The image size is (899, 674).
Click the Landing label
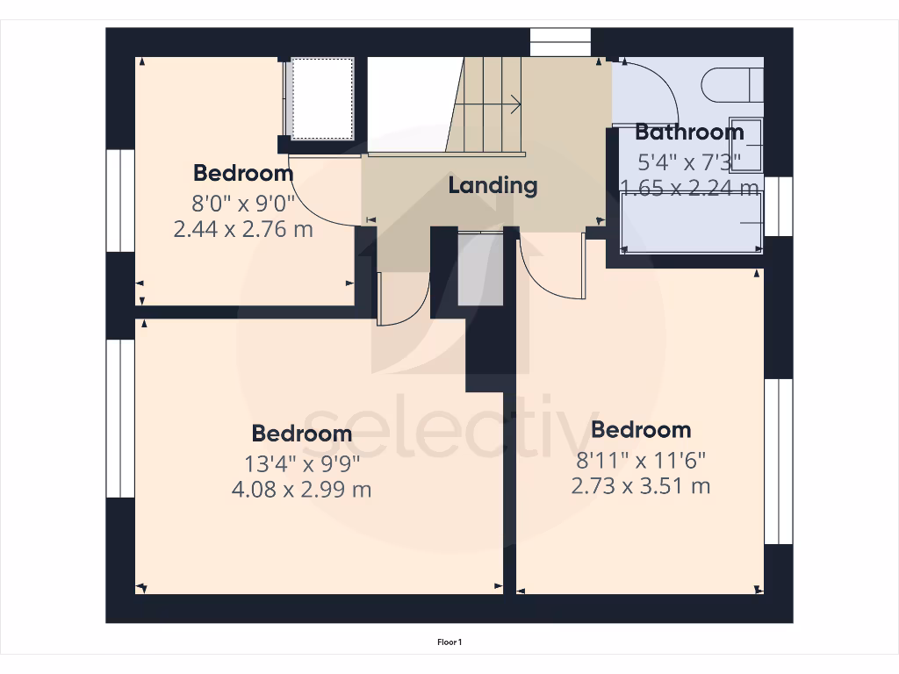point(493,186)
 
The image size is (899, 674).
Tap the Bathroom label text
point(689,133)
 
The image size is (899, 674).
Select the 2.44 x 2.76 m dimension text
point(244,230)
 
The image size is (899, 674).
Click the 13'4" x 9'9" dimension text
point(301,462)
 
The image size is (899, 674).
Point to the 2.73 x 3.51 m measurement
point(641,485)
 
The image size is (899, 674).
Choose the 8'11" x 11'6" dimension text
point(641,459)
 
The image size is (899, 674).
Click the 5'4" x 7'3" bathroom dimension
point(689,161)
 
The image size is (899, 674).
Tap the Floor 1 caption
point(449,642)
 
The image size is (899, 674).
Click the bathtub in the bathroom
point(692,223)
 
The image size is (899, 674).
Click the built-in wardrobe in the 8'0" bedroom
point(321,97)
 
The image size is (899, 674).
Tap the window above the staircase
point(560,42)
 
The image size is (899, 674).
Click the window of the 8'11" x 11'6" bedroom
point(778,462)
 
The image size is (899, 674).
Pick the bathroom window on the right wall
point(778,206)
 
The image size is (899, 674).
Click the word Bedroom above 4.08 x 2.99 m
point(301,434)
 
